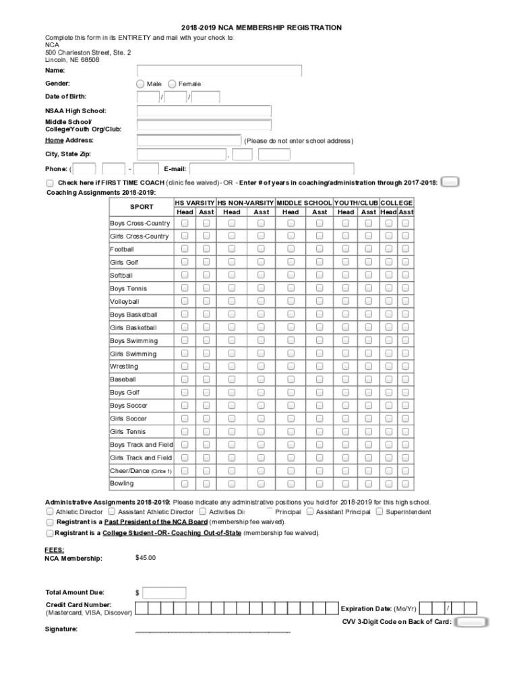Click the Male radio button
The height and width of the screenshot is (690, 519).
point(140,84)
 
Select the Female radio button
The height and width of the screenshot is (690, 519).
point(172,84)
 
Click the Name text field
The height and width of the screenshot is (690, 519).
point(219,71)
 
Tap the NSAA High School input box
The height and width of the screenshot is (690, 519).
point(204,111)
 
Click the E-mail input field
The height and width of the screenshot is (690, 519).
point(272,169)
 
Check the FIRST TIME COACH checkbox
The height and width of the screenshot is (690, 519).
point(51,183)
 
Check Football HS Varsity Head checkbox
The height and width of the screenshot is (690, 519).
point(185,249)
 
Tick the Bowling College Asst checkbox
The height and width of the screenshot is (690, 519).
point(405,484)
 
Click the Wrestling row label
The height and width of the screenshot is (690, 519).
point(124,367)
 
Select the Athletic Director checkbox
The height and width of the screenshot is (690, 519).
point(50,512)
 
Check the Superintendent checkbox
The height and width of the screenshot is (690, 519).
point(379,511)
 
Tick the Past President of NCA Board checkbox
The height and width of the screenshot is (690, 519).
point(51,522)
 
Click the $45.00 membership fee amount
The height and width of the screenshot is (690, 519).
point(146,558)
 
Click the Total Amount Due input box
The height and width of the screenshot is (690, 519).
point(164,593)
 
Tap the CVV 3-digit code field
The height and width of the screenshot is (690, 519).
point(471,622)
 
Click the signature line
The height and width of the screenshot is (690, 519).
point(212,632)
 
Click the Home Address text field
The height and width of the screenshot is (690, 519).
point(189,141)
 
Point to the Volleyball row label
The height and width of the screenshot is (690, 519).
point(125,302)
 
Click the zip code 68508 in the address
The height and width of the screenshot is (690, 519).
point(89,60)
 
